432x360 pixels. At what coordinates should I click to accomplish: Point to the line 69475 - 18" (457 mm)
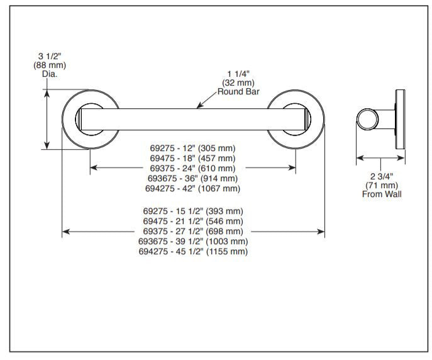pos(192,158)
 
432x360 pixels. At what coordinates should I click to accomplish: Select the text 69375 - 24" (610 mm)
pos(192,168)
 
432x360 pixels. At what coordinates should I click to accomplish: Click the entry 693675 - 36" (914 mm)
pos(192,178)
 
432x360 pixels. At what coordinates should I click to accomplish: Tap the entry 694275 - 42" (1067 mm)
pos(192,188)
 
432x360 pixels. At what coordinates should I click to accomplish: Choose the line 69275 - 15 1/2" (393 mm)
pos(192,211)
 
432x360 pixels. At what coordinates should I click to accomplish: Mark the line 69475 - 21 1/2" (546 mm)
pos(192,221)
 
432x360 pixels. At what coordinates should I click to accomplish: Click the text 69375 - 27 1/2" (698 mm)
pos(192,231)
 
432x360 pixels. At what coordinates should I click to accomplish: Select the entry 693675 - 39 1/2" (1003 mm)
pos(192,241)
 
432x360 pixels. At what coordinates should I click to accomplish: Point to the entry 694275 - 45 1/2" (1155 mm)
pos(192,251)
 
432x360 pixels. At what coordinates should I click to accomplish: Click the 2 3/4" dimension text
pos(381,176)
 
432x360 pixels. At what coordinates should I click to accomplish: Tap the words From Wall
pos(381,194)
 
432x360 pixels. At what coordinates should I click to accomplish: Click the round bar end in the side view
pos(367,118)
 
